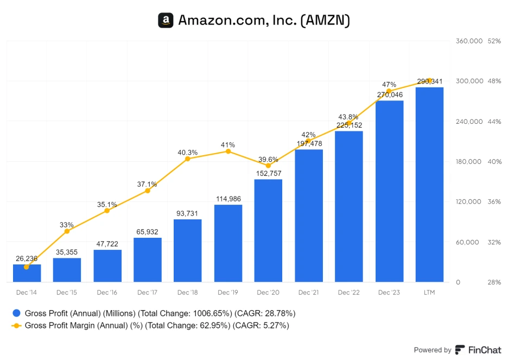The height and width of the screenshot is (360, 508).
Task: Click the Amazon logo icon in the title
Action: pos(166,21)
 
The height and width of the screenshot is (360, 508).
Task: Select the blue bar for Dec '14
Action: pos(27,273)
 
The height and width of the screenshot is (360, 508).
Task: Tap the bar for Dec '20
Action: pos(268,231)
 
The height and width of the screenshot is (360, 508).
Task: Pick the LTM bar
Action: pos(429,185)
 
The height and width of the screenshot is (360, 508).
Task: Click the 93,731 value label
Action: pos(188,213)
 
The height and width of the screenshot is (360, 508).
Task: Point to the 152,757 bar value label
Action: pos(268,173)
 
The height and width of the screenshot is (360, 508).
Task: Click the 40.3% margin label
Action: pos(188,153)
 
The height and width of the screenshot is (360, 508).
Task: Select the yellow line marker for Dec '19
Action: pos(228,151)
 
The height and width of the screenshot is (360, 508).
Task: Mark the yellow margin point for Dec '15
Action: pos(67,231)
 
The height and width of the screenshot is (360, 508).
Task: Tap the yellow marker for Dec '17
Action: pos(147,191)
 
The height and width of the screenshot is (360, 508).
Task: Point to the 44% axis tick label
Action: pos(494,122)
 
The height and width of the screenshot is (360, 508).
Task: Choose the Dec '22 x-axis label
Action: pos(348,293)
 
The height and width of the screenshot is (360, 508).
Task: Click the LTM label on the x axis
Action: pos(429,293)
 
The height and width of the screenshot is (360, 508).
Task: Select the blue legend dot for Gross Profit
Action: pos(16,313)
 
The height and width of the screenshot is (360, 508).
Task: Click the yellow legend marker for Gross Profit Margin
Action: pos(16,326)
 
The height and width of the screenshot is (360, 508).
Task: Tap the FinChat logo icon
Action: pos(460,350)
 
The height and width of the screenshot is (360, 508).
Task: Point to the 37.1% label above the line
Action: pos(147,184)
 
